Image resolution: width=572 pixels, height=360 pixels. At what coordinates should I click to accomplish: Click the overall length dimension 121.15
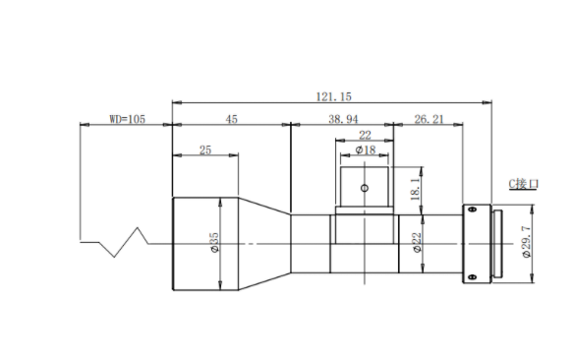pyautogui.click(x=333, y=96)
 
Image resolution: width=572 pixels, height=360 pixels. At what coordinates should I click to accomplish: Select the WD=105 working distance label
pyautogui.click(x=128, y=119)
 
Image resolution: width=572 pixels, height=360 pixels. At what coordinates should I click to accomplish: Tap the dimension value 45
pyautogui.click(x=231, y=119)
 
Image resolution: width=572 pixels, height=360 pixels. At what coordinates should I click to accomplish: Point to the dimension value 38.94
pyautogui.click(x=343, y=119)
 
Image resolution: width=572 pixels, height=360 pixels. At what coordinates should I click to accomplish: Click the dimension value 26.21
pyautogui.click(x=429, y=119)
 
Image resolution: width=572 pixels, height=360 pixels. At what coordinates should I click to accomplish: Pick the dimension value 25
pyautogui.click(x=205, y=150)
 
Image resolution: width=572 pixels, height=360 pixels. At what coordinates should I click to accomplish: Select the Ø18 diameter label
pyautogui.click(x=366, y=150)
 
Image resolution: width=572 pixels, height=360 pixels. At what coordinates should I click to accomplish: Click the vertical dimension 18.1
pyautogui.click(x=416, y=189)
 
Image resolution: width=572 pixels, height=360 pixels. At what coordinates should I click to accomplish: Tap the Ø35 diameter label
pyautogui.click(x=214, y=242)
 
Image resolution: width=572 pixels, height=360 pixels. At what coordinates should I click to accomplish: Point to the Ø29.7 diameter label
pyautogui.click(x=527, y=242)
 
